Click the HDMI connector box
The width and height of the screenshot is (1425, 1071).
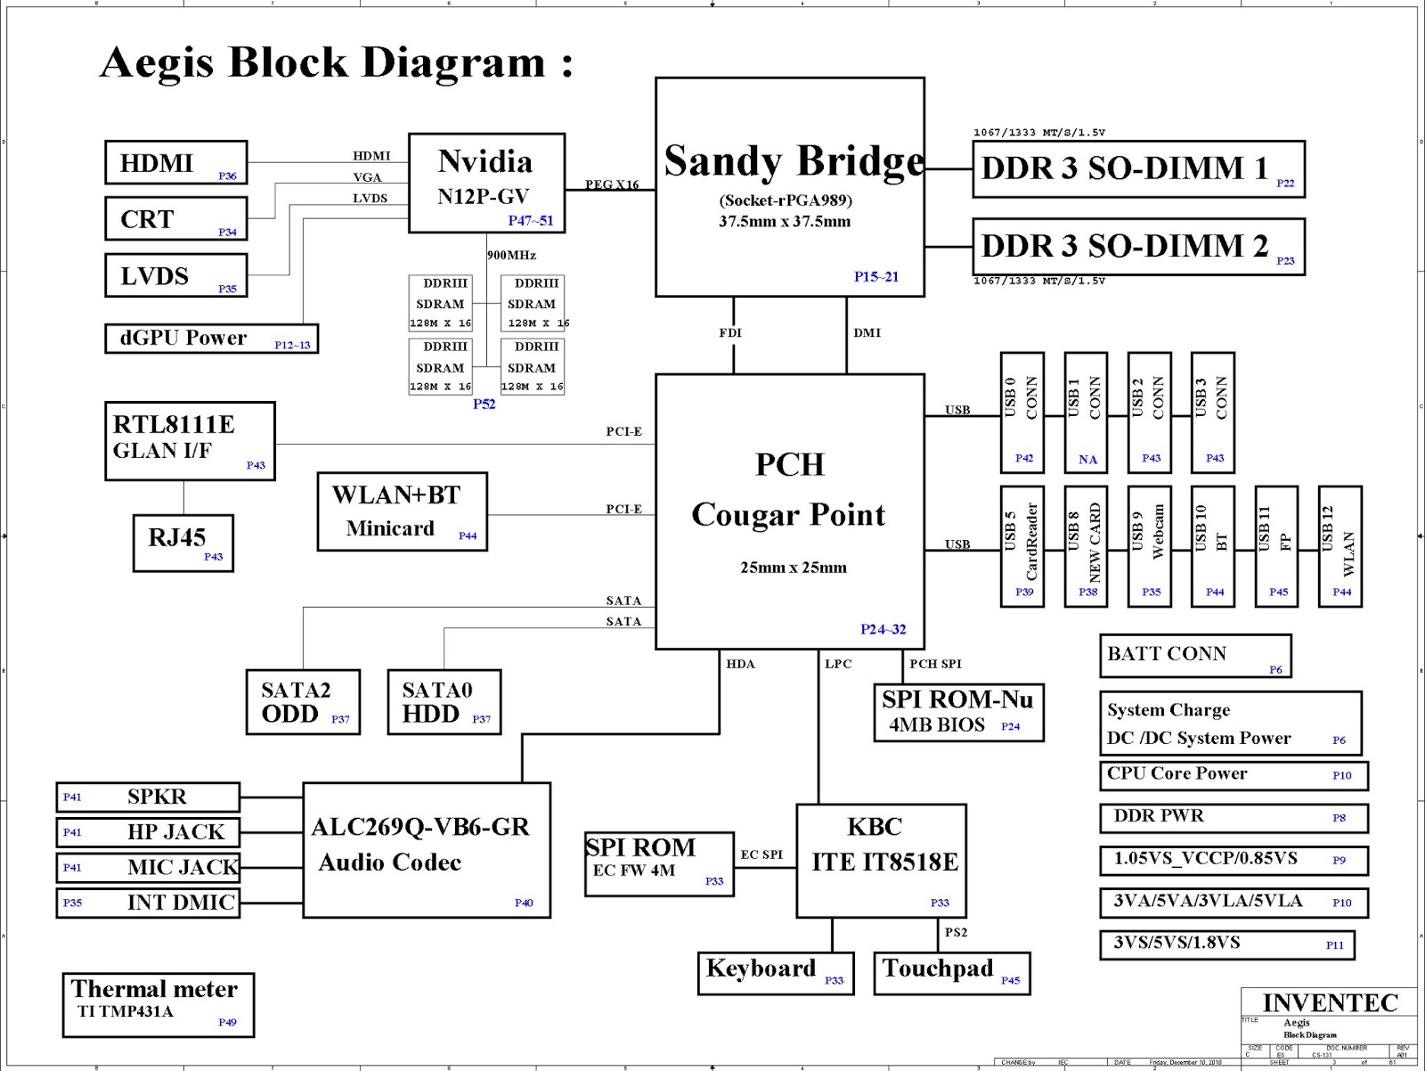[175, 163]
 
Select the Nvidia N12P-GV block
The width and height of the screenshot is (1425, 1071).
[486, 183]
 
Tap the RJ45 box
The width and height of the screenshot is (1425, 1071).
[183, 543]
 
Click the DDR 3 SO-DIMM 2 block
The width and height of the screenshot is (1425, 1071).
[1138, 247]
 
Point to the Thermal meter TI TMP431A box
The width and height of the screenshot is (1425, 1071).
[158, 1004]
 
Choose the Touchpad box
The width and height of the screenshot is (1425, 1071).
[951, 973]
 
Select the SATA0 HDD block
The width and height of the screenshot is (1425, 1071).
[444, 702]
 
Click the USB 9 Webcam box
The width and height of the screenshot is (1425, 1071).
[1149, 546]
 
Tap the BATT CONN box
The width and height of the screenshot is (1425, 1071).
[1195, 656]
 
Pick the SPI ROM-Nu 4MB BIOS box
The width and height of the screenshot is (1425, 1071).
[958, 712]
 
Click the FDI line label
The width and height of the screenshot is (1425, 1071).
[730, 333]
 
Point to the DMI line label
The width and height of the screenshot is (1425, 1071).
[867, 333]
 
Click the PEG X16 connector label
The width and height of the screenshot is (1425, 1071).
[612, 184]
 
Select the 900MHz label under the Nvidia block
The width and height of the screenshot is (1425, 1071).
[511, 256]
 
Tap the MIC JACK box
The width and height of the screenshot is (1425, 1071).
[148, 867]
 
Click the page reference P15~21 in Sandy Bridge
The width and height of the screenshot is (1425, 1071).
[876, 277]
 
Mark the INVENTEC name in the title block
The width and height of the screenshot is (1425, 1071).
[1330, 1003]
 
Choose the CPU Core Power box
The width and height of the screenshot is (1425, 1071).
[1234, 775]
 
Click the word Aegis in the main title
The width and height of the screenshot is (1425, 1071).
[158, 63]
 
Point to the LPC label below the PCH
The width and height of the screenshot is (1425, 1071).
[838, 664]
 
